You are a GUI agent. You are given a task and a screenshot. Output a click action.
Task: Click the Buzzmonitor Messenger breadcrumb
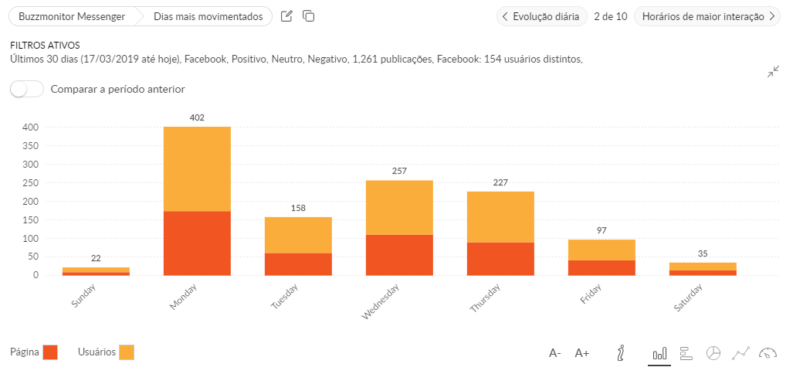(x=72, y=16)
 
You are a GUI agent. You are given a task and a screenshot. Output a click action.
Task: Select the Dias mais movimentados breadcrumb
(x=208, y=16)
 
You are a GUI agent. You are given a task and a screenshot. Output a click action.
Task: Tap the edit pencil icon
(x=286, y=16)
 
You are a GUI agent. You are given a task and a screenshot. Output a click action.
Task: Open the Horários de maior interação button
(x=706, y=16)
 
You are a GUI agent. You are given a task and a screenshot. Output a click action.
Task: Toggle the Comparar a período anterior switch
(x=27, y=89)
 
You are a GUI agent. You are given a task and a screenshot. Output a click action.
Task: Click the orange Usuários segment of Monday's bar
(x=197, y=168)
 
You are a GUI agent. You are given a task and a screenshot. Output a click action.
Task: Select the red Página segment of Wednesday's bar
(x=399, y=254)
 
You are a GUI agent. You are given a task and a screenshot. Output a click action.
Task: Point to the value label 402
(x=197, y=117)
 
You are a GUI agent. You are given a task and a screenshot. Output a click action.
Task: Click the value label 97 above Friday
(x=602, y=230)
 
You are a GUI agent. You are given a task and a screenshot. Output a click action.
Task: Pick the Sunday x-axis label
(x=86, y=296)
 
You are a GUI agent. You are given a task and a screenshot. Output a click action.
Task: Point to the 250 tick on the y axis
(x=30, y=182)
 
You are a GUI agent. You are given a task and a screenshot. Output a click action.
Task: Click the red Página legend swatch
(x=50, y=352)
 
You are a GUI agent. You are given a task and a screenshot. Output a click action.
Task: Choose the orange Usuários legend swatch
(x=127, y=352)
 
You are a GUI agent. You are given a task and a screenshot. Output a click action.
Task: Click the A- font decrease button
(x=555, y=353)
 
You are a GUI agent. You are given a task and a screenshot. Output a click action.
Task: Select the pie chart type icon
(x=713, y=353)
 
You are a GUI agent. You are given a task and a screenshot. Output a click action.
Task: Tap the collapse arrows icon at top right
(x=773, y=72)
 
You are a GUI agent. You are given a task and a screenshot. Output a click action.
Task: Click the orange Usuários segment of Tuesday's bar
(x=298, y=235)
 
